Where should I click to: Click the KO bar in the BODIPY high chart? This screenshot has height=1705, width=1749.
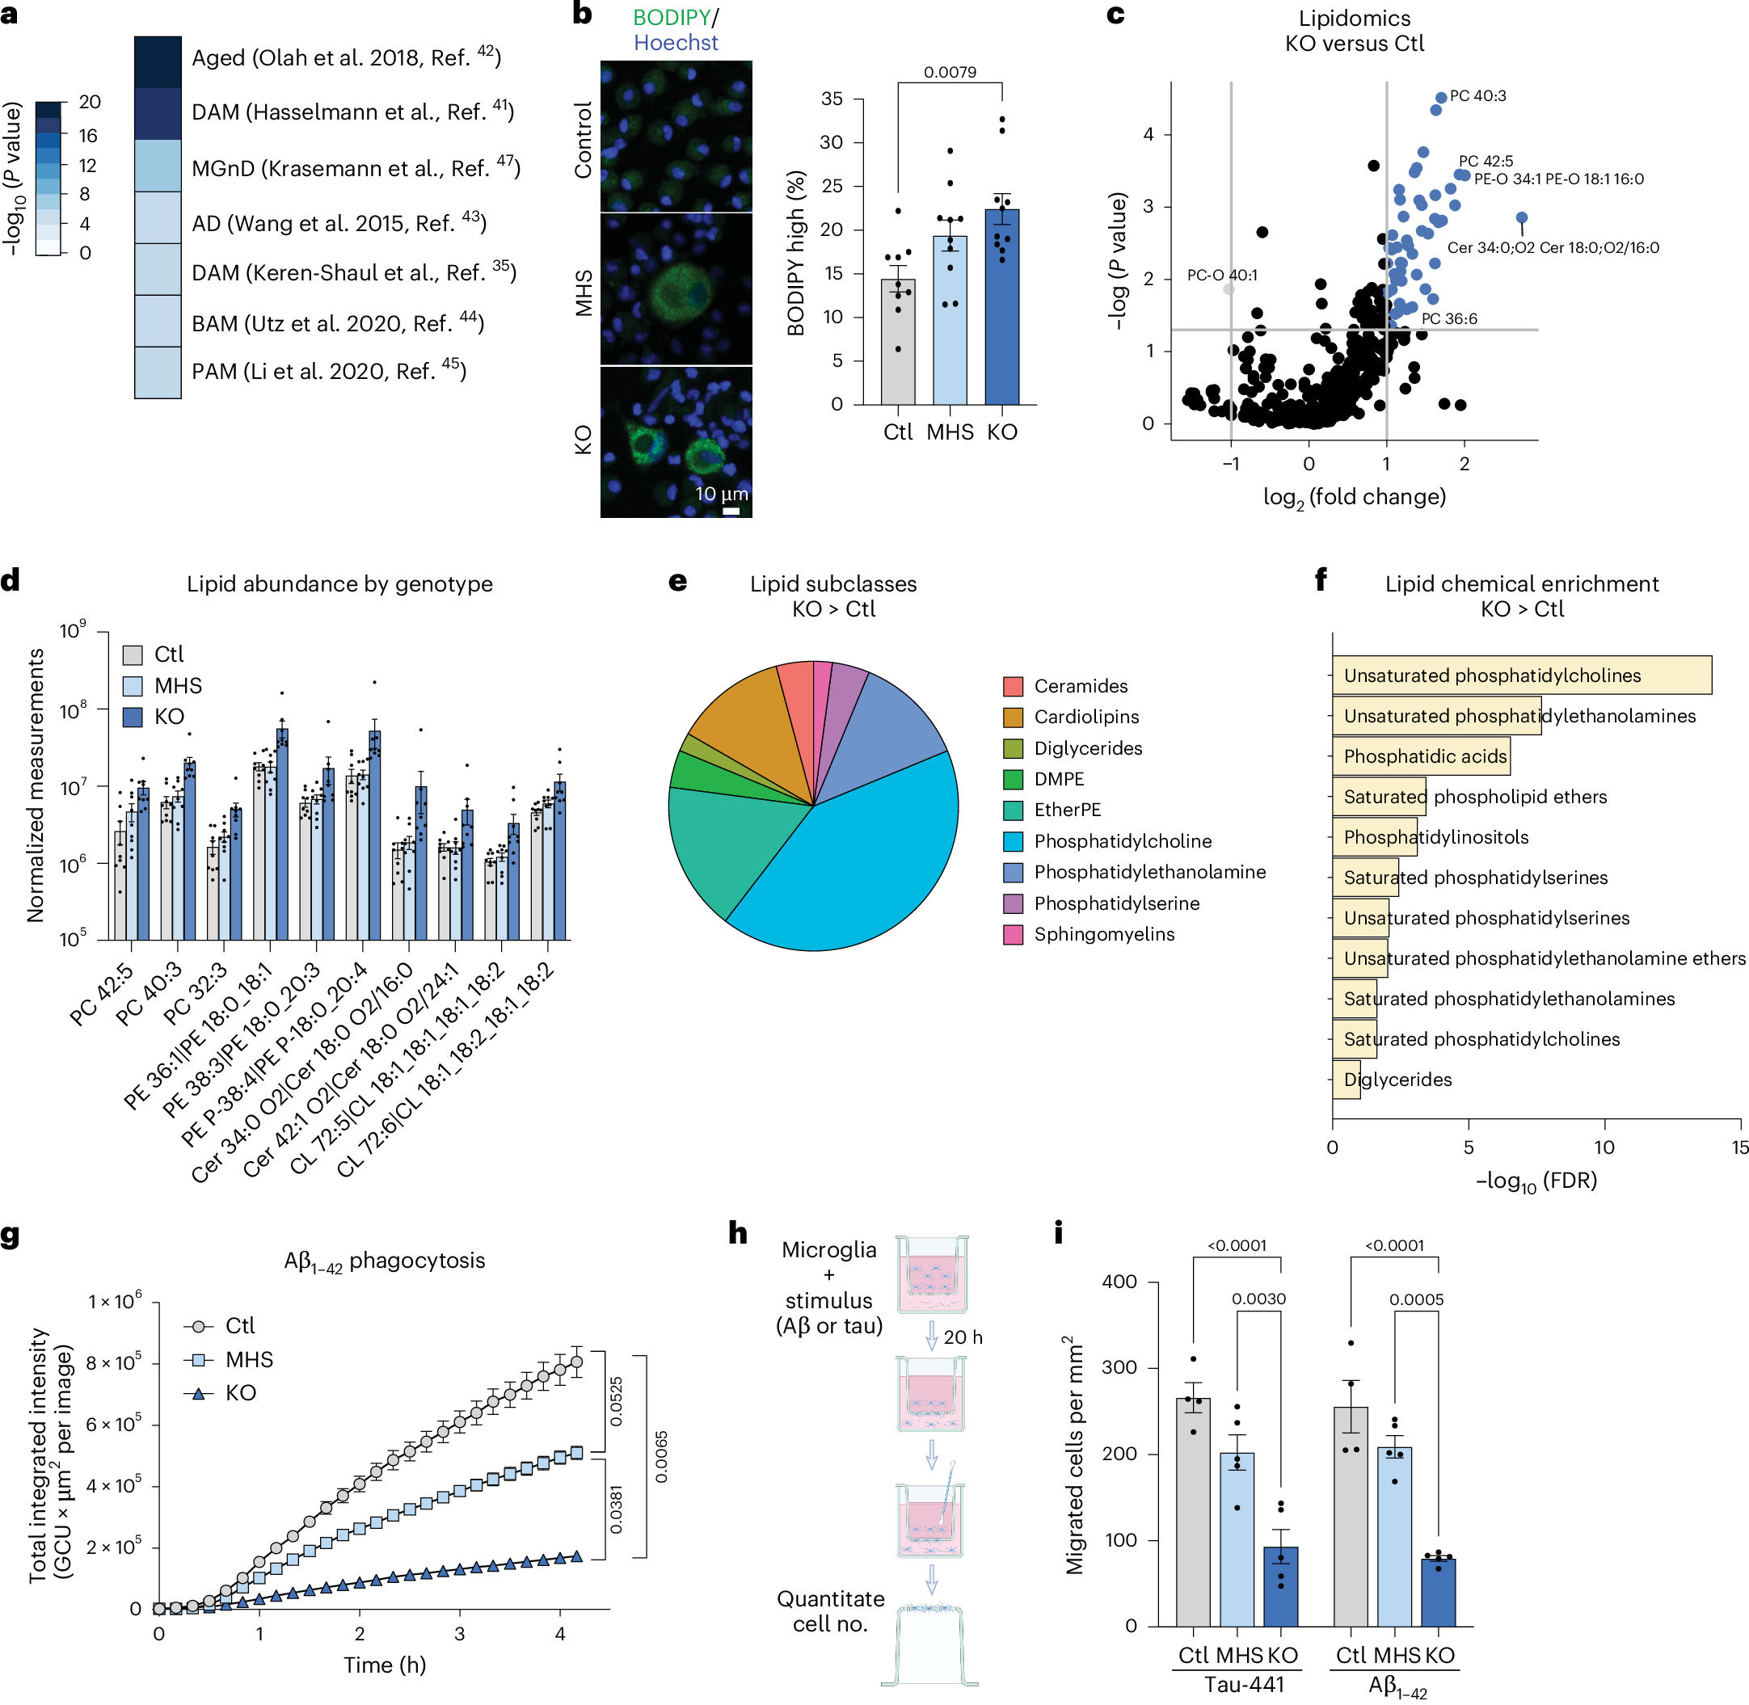1001,309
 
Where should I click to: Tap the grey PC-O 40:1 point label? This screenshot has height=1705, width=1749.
1221,276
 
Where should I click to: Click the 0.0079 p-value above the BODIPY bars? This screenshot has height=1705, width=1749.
950,73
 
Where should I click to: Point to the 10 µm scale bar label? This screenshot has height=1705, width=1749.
721,495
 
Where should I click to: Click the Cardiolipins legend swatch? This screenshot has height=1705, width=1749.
1013,718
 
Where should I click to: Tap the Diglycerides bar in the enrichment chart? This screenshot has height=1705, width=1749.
1345,1080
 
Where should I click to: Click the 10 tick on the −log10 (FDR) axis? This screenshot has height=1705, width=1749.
1603,1148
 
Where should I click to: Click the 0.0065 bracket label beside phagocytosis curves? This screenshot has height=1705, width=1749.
661,1457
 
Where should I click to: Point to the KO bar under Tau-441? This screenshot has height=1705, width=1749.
1279,1587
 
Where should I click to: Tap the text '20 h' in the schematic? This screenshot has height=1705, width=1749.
963,1338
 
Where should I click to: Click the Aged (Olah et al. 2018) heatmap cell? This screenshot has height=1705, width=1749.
158,61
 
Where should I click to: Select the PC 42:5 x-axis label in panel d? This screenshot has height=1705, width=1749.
101,995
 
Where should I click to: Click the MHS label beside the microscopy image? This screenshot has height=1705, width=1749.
584,293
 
